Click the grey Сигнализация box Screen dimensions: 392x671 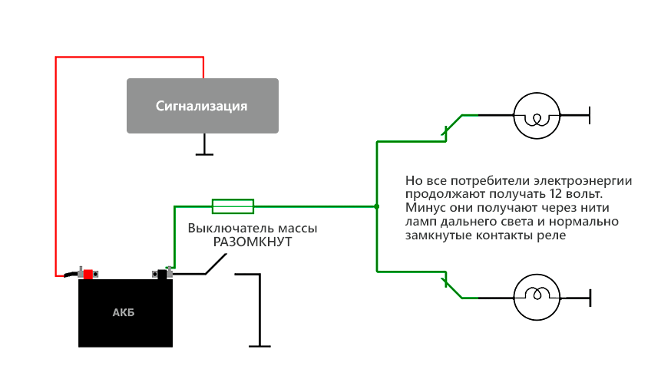coord(202,105)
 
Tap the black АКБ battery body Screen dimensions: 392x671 coord(126,312)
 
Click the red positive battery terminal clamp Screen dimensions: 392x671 coord(88,273)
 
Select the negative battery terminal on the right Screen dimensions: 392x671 coord(163,272)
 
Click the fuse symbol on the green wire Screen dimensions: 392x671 coord(233,206)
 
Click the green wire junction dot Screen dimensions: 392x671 coord(376,206)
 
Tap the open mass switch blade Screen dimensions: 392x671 coord(214,265)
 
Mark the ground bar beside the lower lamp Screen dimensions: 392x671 coord(589,297)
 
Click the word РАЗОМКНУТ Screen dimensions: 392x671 coord(253,242)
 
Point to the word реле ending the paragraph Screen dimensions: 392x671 coord(551,236)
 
